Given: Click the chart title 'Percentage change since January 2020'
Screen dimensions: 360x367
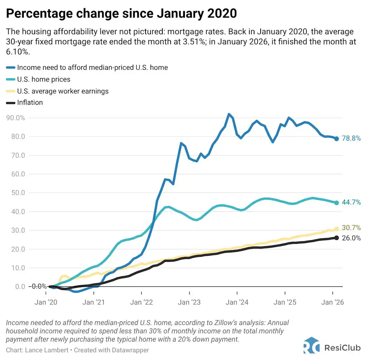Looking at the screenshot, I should (121, 13).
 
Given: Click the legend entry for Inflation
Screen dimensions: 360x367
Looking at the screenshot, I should (30, 103).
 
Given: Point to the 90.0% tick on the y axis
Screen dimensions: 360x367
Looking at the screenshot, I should (15, 118).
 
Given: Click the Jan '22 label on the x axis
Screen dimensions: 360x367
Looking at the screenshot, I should (141, 302).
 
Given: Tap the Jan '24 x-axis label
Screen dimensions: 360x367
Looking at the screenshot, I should (237, 302).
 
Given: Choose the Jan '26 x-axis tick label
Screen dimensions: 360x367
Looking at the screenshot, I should (333, 302).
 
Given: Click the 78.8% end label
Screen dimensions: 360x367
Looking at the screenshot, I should (351, 138).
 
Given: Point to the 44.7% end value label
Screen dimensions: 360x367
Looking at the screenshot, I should (351, 203).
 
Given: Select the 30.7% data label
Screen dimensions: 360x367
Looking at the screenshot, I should (351, 228).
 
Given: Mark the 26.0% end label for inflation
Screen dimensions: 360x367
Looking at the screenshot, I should (351, 238).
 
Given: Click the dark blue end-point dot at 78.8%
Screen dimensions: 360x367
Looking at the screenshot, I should (337, 139).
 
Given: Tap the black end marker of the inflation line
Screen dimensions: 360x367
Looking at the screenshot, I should (337, 238).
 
